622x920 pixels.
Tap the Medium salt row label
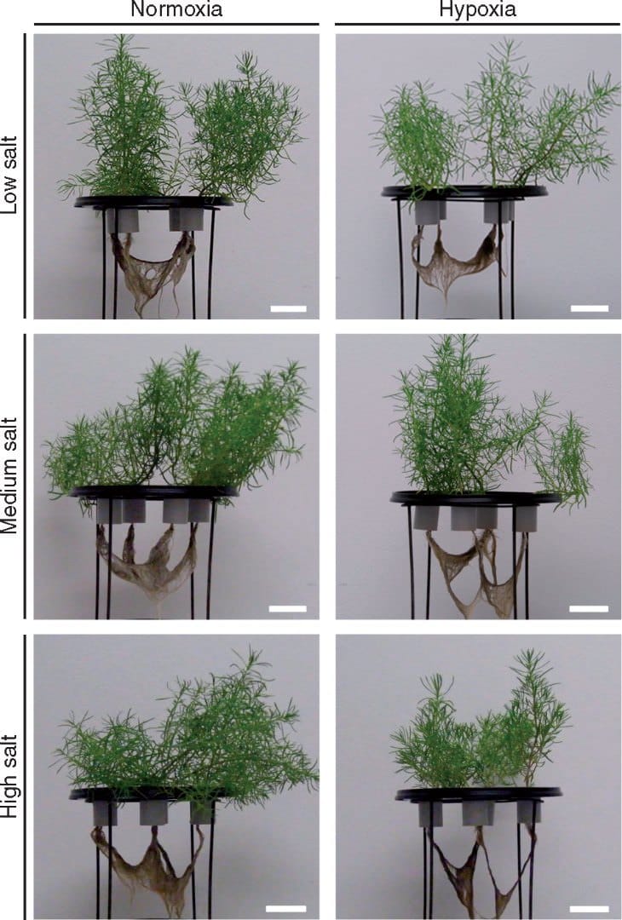12,476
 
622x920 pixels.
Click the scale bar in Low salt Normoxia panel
288,308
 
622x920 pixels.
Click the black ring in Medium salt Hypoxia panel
475,497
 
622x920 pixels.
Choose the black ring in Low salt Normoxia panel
153,202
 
